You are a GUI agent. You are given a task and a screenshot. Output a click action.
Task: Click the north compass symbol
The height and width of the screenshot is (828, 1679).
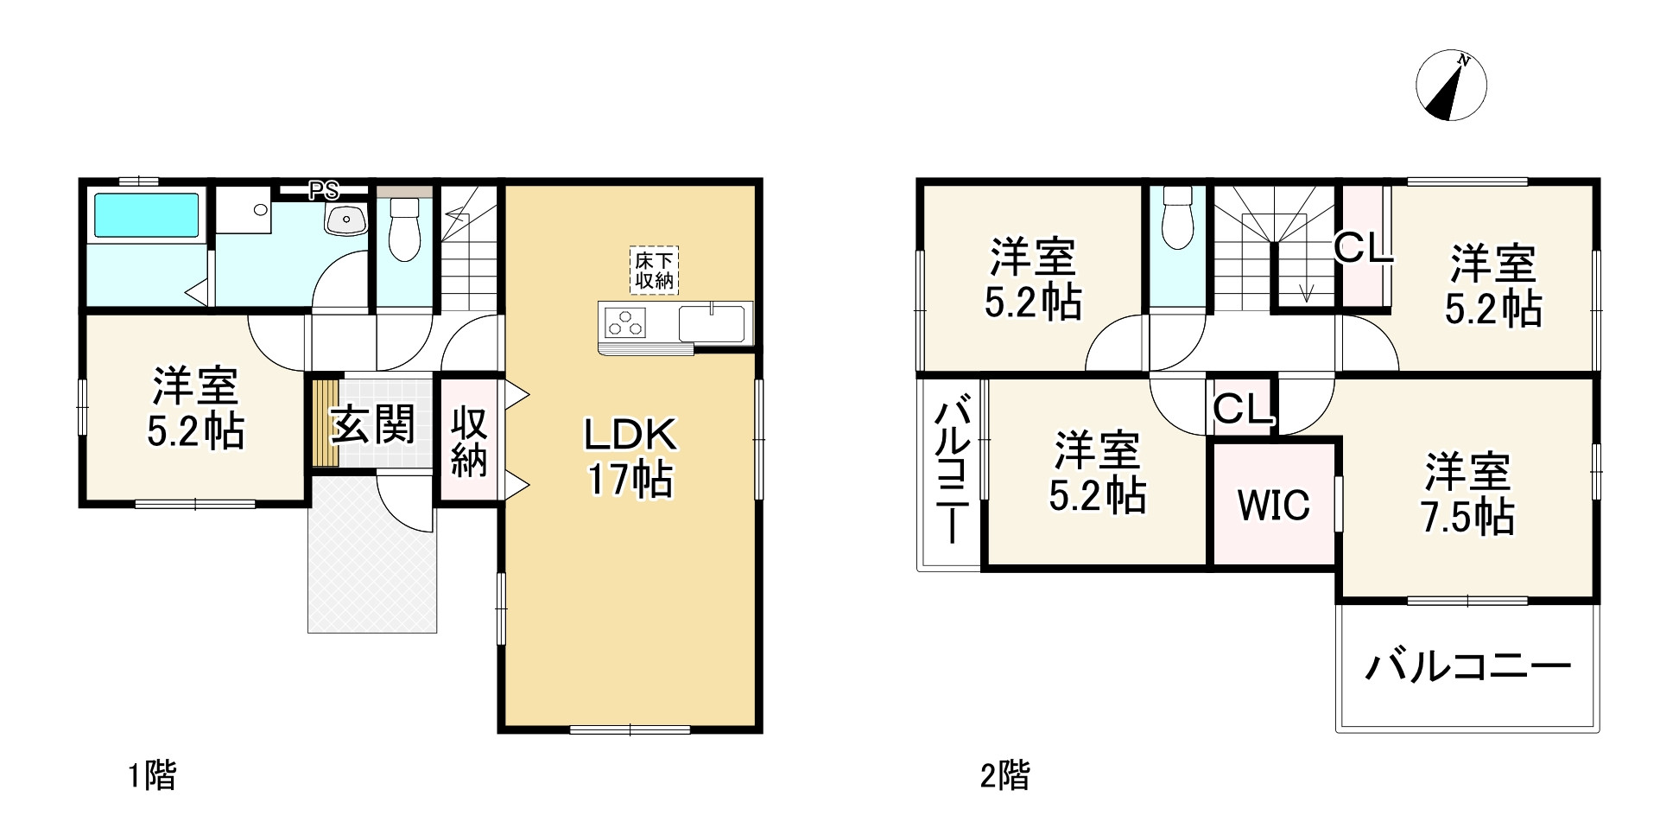(1451, 87)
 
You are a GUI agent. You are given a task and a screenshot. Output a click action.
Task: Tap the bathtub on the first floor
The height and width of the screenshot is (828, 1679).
(146, 215)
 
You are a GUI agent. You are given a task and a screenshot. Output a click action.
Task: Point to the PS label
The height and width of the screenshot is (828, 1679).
(324, 190)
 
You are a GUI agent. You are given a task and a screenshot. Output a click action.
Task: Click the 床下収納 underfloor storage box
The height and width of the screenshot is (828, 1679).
(654, 271)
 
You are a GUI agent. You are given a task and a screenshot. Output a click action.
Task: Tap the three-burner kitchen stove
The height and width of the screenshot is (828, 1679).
(625, 322)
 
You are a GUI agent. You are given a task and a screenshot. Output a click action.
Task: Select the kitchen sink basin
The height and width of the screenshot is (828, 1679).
(713, 324)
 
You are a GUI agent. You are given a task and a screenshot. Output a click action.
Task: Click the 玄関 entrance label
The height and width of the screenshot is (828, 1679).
(373, 424)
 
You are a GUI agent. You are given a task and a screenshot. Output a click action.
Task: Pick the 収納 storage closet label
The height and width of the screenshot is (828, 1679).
(469, 443)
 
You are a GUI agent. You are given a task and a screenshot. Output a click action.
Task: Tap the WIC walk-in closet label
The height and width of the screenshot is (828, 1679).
(1274, 505)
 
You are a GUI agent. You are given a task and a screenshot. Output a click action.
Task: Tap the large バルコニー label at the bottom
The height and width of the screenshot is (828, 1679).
(1467, 668)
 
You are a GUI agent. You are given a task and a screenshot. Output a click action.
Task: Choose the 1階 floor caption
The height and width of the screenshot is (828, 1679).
(153, 775)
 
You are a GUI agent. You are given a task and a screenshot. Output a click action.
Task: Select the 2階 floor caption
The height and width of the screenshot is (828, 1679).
(1005, 775)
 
